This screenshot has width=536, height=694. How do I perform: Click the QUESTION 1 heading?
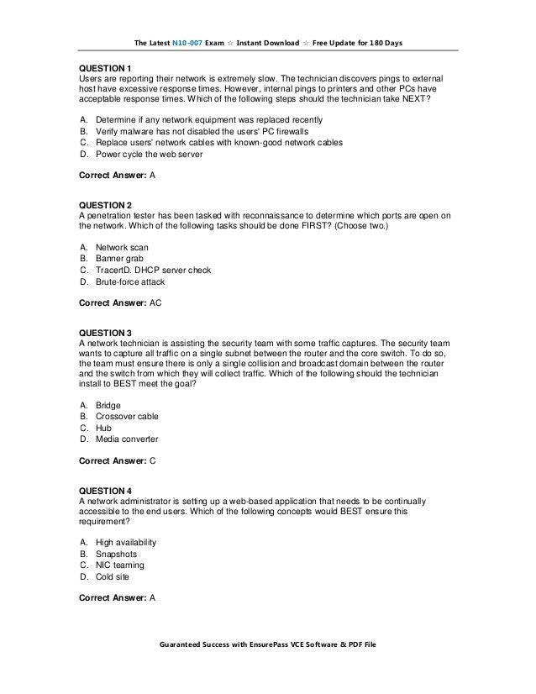(105, 66)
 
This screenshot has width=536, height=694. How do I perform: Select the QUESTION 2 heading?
(105, 204)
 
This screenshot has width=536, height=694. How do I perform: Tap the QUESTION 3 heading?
(105, 332)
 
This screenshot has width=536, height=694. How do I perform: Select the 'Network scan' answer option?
(122, 248)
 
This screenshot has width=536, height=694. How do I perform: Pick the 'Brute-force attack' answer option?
(130, 282)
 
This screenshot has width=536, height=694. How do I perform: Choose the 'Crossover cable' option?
(127, 416)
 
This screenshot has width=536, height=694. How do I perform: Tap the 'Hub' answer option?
(104, 428)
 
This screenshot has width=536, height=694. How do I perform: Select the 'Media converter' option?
(127, 439)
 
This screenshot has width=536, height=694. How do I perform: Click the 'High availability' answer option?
(126, 543)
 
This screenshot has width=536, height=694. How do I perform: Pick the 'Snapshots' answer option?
(117, 555)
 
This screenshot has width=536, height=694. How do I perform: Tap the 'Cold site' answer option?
(115, 577)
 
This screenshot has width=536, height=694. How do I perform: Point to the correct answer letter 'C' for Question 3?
(152, 461)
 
